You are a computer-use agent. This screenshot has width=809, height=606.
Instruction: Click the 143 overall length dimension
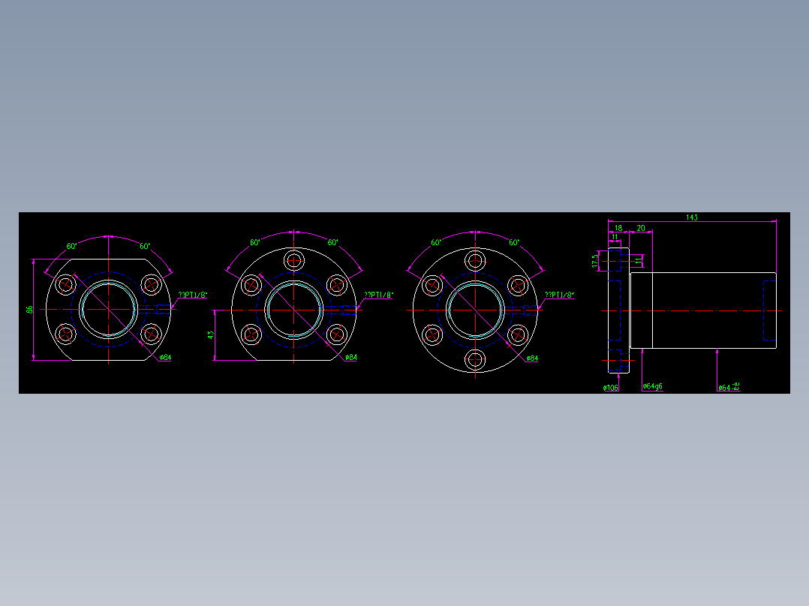pos(691,217)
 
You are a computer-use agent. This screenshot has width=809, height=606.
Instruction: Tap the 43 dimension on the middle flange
pos(211,334)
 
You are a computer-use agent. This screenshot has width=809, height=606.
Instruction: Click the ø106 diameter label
pos(610,388)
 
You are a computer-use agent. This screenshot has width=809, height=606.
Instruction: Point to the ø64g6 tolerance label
pos(652,387)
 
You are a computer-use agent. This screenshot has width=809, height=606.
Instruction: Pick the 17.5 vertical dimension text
pos(595,260)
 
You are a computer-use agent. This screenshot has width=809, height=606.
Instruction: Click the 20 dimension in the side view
pos(641,227)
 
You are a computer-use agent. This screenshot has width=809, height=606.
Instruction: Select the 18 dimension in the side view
pos(618,227)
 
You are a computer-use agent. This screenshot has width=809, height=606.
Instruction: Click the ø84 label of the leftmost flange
pos(165,358)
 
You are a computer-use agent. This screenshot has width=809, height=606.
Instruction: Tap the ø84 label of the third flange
pos(531,358)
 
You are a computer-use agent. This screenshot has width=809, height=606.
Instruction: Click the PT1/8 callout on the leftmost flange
pos(191,295)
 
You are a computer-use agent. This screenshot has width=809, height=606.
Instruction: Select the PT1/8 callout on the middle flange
pos(378,295)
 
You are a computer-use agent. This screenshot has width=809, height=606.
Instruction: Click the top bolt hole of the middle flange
pos(293,260)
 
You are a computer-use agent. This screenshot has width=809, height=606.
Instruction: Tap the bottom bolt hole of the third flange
pos(475,360)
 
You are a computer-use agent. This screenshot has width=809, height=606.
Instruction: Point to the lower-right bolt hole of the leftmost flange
pos(152,334)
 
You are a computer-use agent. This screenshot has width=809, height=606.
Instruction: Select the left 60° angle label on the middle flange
pos(255,243)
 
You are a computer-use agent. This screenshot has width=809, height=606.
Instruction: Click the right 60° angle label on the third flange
pos(514,243)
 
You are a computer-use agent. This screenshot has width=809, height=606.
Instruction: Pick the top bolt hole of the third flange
pos(475,260)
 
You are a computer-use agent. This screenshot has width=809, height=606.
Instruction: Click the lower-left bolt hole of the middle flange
pos(250,334)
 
